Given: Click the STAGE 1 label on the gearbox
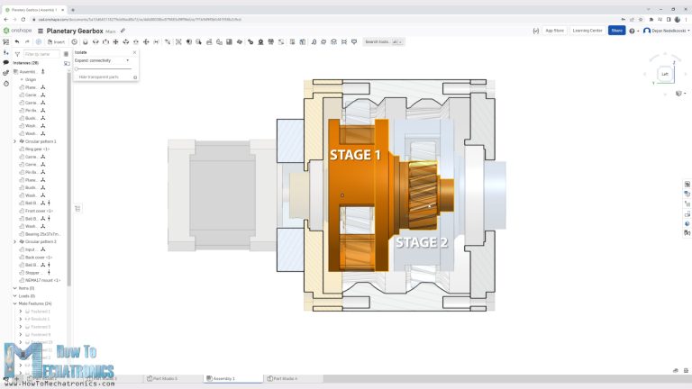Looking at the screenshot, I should point(351,154).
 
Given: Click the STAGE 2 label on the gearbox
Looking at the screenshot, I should point(422,241).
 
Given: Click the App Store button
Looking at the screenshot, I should point(555,30).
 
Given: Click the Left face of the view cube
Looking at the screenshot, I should point(665,74).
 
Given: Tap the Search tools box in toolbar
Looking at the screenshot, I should point(381,41).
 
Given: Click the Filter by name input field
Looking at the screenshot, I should point(40,54).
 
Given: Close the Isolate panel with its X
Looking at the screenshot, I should point(134,52).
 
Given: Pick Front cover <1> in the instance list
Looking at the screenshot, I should point(39,211).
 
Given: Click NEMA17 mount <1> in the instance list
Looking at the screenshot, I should point(41,280).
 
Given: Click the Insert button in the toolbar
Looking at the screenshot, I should point(56,41).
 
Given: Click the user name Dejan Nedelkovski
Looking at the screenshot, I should point(664,31).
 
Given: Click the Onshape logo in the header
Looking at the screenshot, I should point(17,31).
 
